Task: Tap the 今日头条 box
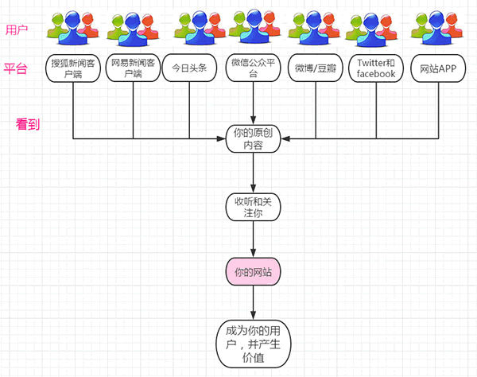(190, 68)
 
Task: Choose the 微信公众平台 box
(254, 68)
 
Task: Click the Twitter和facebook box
(376, 68)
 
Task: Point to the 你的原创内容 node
(254, 138)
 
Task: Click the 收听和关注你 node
(254, 207)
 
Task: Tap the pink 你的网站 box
(254, 273)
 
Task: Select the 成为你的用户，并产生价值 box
(254, 343)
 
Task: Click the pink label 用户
(16, 30)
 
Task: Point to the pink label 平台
(16, 68)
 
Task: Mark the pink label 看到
(29, 125)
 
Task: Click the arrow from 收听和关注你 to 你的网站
(254, 240)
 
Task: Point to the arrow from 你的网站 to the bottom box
(254, 302)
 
